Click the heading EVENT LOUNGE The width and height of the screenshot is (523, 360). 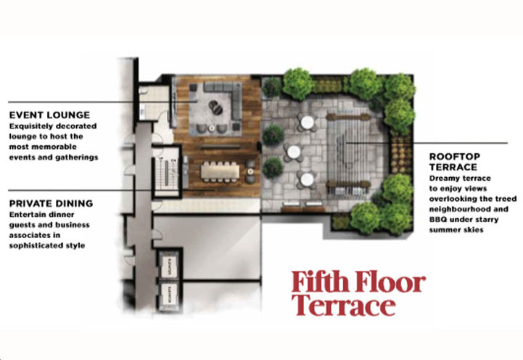pyautogui.click(x=49, y=115)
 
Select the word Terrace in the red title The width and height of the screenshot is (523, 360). pyautogui.click(x=343, y=306)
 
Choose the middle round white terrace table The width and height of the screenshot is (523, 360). pyautogui.click(x=293, y=151)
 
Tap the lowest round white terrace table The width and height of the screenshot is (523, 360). pyautogui.click(x=307, y=179)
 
